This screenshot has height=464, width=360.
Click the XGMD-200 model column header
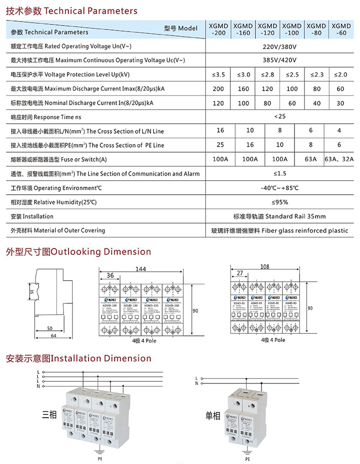click(x=218, y=29)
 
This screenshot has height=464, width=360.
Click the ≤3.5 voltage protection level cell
click(x=218, y=75)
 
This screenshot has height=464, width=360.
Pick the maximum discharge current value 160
click(x=243, y=89)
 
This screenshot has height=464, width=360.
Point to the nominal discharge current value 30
click(x=341, y=103)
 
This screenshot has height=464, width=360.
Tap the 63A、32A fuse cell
click(x=339, y=159)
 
